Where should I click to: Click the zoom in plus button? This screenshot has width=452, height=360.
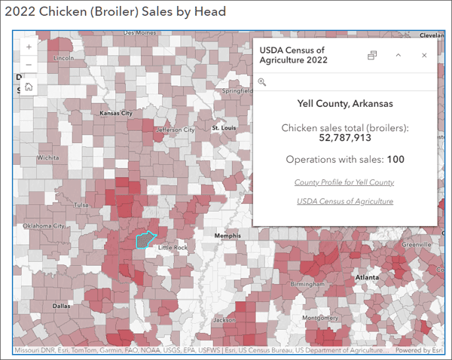[29, 47]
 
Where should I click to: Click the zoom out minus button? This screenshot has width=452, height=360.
[29, 65]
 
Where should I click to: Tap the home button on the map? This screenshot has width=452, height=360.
[29, 87]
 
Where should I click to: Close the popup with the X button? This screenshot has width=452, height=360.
[424, 56]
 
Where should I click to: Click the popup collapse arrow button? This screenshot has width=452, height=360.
[399, 56]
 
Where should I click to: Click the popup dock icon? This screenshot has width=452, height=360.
[371, 56]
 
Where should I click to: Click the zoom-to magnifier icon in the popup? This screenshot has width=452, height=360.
[262, 82]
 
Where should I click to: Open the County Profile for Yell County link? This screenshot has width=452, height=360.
[344, 182]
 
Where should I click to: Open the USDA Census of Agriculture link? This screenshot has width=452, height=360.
[344, 201]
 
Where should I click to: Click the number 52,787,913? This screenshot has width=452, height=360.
[344, 138]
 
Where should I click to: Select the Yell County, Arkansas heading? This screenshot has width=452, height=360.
[344, 103]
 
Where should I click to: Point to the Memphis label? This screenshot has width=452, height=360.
[227, 236]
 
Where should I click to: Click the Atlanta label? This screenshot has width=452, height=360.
[367, 277]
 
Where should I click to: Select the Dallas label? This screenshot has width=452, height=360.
[62, 307]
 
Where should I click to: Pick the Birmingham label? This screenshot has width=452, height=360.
[309, 285]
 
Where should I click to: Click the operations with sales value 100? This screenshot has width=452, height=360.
[396, 160]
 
